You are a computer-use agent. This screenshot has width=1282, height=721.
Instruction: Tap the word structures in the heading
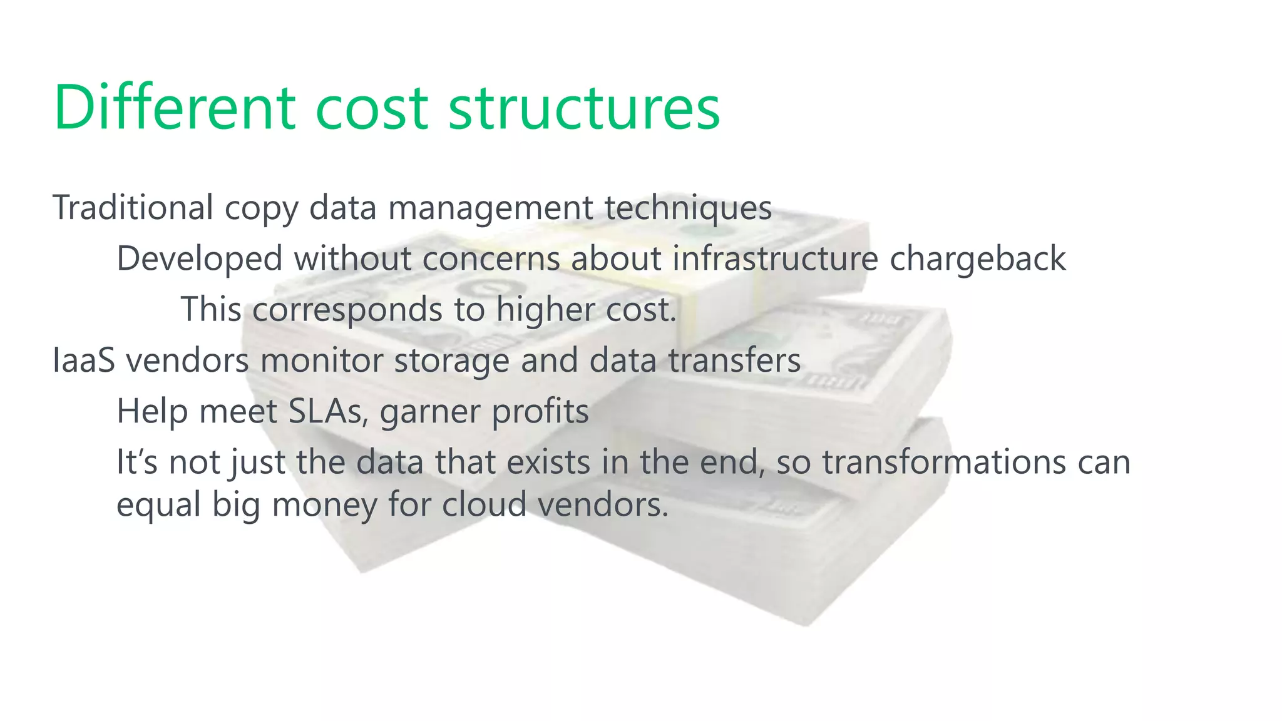pos(584,107)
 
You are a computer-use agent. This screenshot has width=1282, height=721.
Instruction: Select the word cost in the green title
pos(371,107)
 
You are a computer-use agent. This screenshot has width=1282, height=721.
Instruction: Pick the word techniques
pos(688,208)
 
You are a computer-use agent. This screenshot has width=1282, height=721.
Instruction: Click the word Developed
pos(200,258)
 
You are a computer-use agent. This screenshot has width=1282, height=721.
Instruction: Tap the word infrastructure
pos(775,258)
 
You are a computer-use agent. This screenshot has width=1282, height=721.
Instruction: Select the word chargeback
pos(977,258)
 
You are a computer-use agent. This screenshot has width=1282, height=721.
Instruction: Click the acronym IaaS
pos(84,360)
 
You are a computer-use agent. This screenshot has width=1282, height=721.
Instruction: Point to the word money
pos(324,505)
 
